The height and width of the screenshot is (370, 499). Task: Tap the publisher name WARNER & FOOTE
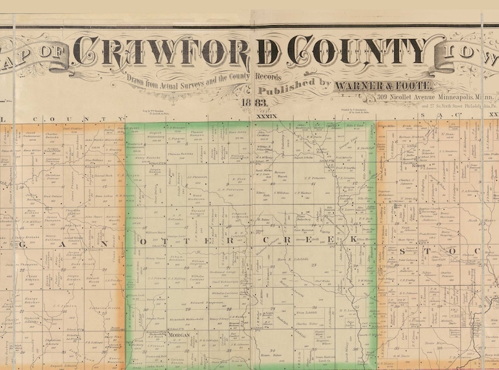pos(383,85)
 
